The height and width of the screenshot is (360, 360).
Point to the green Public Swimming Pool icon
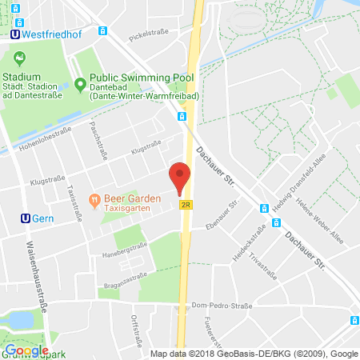79,83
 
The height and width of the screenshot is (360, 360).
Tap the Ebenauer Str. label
223,211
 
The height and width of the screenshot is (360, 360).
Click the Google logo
26,350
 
